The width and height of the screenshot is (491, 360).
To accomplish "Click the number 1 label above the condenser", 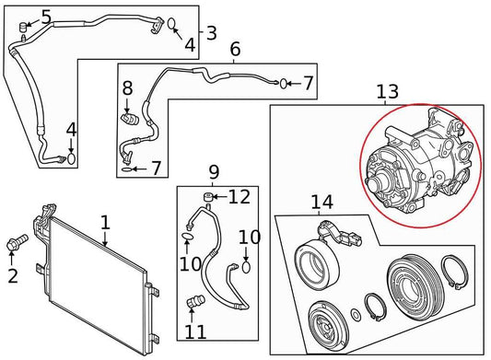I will pyautogui.click(x=105, y=222).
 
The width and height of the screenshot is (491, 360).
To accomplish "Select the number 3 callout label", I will pyautogui.click(x=211, y=34).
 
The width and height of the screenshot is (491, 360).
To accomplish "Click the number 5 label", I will pyautogui.click(x=46, y=16).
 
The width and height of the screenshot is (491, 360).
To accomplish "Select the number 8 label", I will pyautogui.click(x=128, y=89).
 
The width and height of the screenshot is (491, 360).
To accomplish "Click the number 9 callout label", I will pyautogui.click(x=214, y=171).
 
